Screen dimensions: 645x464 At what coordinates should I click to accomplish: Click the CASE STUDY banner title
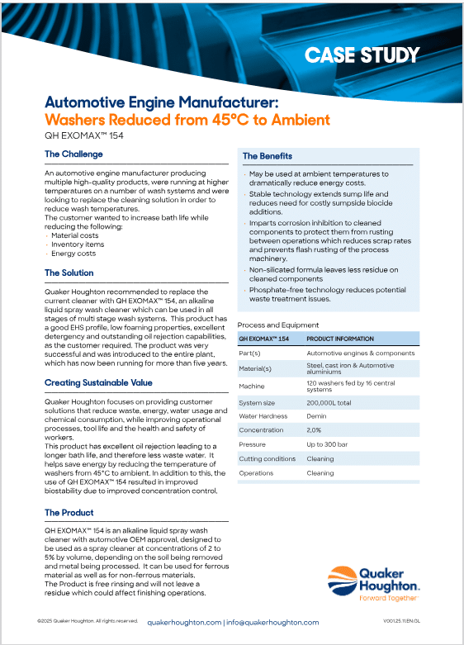coord(362,55)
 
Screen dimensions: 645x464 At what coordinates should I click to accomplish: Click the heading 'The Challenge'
coord(73,154)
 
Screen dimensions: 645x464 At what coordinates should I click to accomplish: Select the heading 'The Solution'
coord(69,273)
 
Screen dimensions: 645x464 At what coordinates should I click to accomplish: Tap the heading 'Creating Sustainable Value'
coord(98,383)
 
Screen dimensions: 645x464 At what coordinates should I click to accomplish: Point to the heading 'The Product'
coord(69,513)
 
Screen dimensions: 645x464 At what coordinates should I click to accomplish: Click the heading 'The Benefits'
coord(268,156)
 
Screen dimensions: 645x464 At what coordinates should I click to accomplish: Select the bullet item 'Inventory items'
coord(78,244)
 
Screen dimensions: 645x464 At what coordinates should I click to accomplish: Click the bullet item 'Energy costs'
coord(73,254)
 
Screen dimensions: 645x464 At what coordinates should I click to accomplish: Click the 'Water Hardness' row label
coord(263,416)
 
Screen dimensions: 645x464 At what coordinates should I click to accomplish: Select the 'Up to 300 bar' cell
coord(329,444)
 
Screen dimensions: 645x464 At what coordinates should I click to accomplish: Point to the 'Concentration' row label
coord(261,430)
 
